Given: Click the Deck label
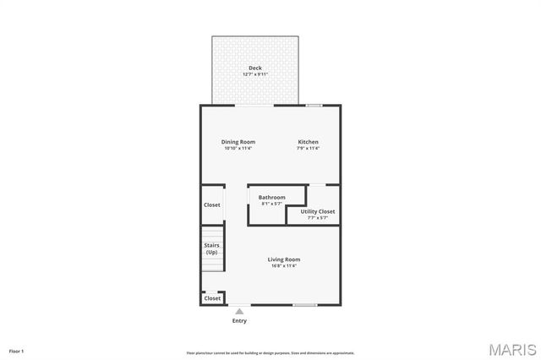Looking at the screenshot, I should (254, 68).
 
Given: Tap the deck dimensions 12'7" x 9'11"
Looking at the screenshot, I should (254, 74).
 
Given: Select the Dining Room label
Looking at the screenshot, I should (238, 142).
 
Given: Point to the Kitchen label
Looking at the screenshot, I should (308, 142).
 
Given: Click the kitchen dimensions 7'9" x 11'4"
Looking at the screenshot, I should (308, 149).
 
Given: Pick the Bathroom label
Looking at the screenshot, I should (272, 197).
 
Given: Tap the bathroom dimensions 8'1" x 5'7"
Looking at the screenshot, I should (272, 204).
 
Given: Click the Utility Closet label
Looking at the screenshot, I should (318, 211).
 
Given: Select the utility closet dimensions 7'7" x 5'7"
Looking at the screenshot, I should (318, 218).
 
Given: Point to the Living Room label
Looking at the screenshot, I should (284, 259).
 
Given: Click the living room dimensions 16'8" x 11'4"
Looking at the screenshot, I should (284, 266).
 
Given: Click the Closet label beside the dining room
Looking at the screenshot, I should (212, 205).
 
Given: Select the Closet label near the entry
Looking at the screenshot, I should (212, 298).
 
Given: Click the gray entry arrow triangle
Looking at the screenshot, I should (239, 311).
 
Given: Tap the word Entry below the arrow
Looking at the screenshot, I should (239, 321).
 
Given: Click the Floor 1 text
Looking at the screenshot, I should (17, 351).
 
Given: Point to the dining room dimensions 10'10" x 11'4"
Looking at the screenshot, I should (238, 149).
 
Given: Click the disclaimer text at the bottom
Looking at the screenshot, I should (270, 353).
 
